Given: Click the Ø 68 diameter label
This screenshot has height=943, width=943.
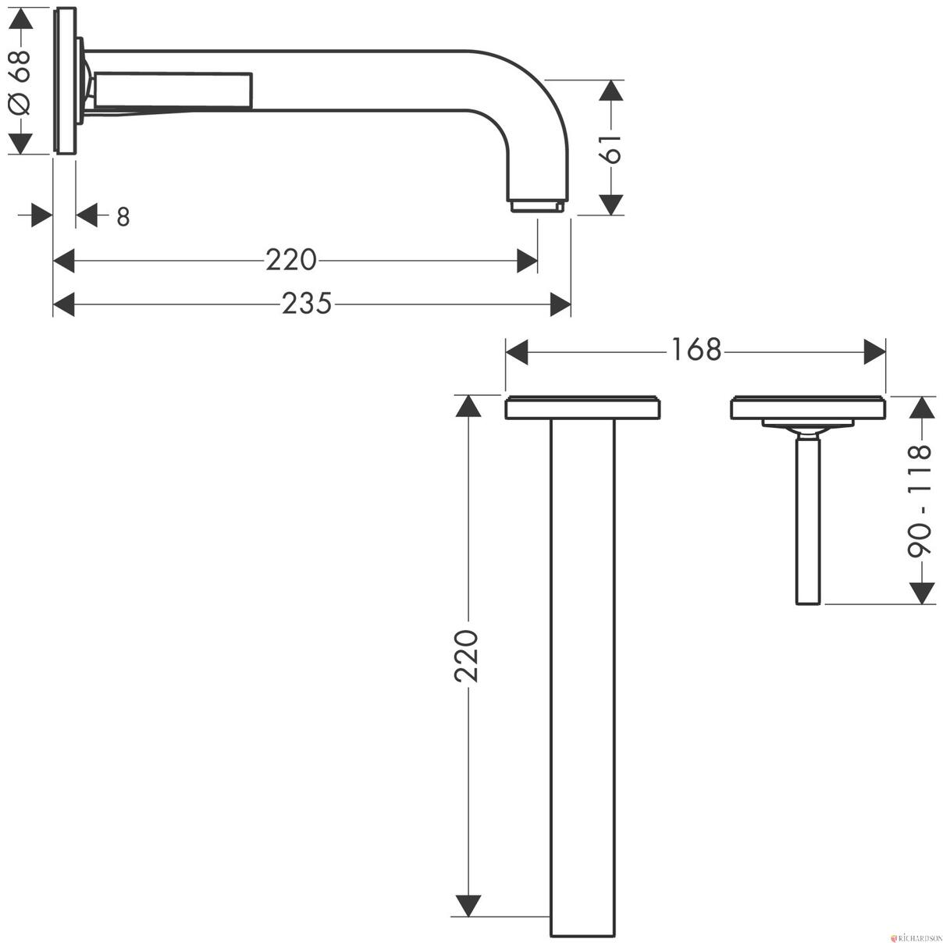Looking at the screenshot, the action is click(x=20, y=81).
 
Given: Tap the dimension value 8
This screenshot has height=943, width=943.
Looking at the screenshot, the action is click(x=123, y=217).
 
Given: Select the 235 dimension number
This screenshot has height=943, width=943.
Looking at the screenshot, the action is click(x=307, y=303).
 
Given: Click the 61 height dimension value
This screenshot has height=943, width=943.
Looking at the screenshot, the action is click(x=612, y=149).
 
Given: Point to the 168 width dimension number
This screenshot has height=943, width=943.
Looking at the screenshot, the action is click(x=696, y=350).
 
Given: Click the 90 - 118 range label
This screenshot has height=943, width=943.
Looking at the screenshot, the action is click(x=919, y=500).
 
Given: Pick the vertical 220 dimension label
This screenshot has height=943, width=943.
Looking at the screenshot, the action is click(x=466, y=656).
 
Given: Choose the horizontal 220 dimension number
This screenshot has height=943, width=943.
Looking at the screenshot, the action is click(x=291, y=260).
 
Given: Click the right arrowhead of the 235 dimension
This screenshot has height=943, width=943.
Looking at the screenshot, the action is click(x=560, y=304).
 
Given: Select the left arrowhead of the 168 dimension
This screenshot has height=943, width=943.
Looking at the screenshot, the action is click(x=516, y=352).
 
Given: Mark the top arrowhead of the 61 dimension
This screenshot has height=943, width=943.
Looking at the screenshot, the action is click(x=611, y=91).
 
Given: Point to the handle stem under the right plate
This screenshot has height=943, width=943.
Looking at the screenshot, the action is click(x=807, y=522).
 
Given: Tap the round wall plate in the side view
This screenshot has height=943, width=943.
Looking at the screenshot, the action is click(x=65, y=80).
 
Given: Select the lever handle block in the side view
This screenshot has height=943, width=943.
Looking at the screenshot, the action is click(x=174, y=90).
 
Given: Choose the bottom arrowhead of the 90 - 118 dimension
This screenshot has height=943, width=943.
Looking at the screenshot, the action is click(x=921, y=593).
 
